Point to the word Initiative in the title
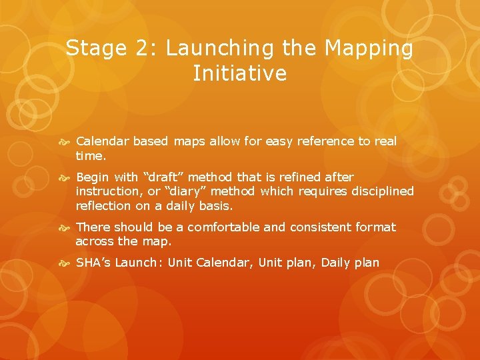239,73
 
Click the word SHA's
93,263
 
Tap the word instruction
109,191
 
